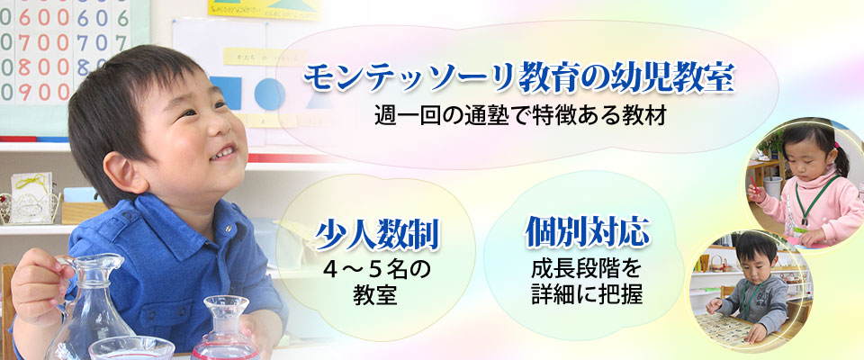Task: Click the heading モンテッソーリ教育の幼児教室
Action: click(x=519, y=78)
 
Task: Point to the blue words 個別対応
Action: click(x=587, y=231)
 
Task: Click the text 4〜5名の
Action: click(x=376, y=269)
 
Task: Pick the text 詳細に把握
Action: click(x=587, y=294)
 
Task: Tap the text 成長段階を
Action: click(x=587, y=269)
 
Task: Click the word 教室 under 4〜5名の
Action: click(x=376, y=294)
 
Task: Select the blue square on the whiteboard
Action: click(x=226, y=94)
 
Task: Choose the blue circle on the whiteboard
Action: click(x=269, y=94)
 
